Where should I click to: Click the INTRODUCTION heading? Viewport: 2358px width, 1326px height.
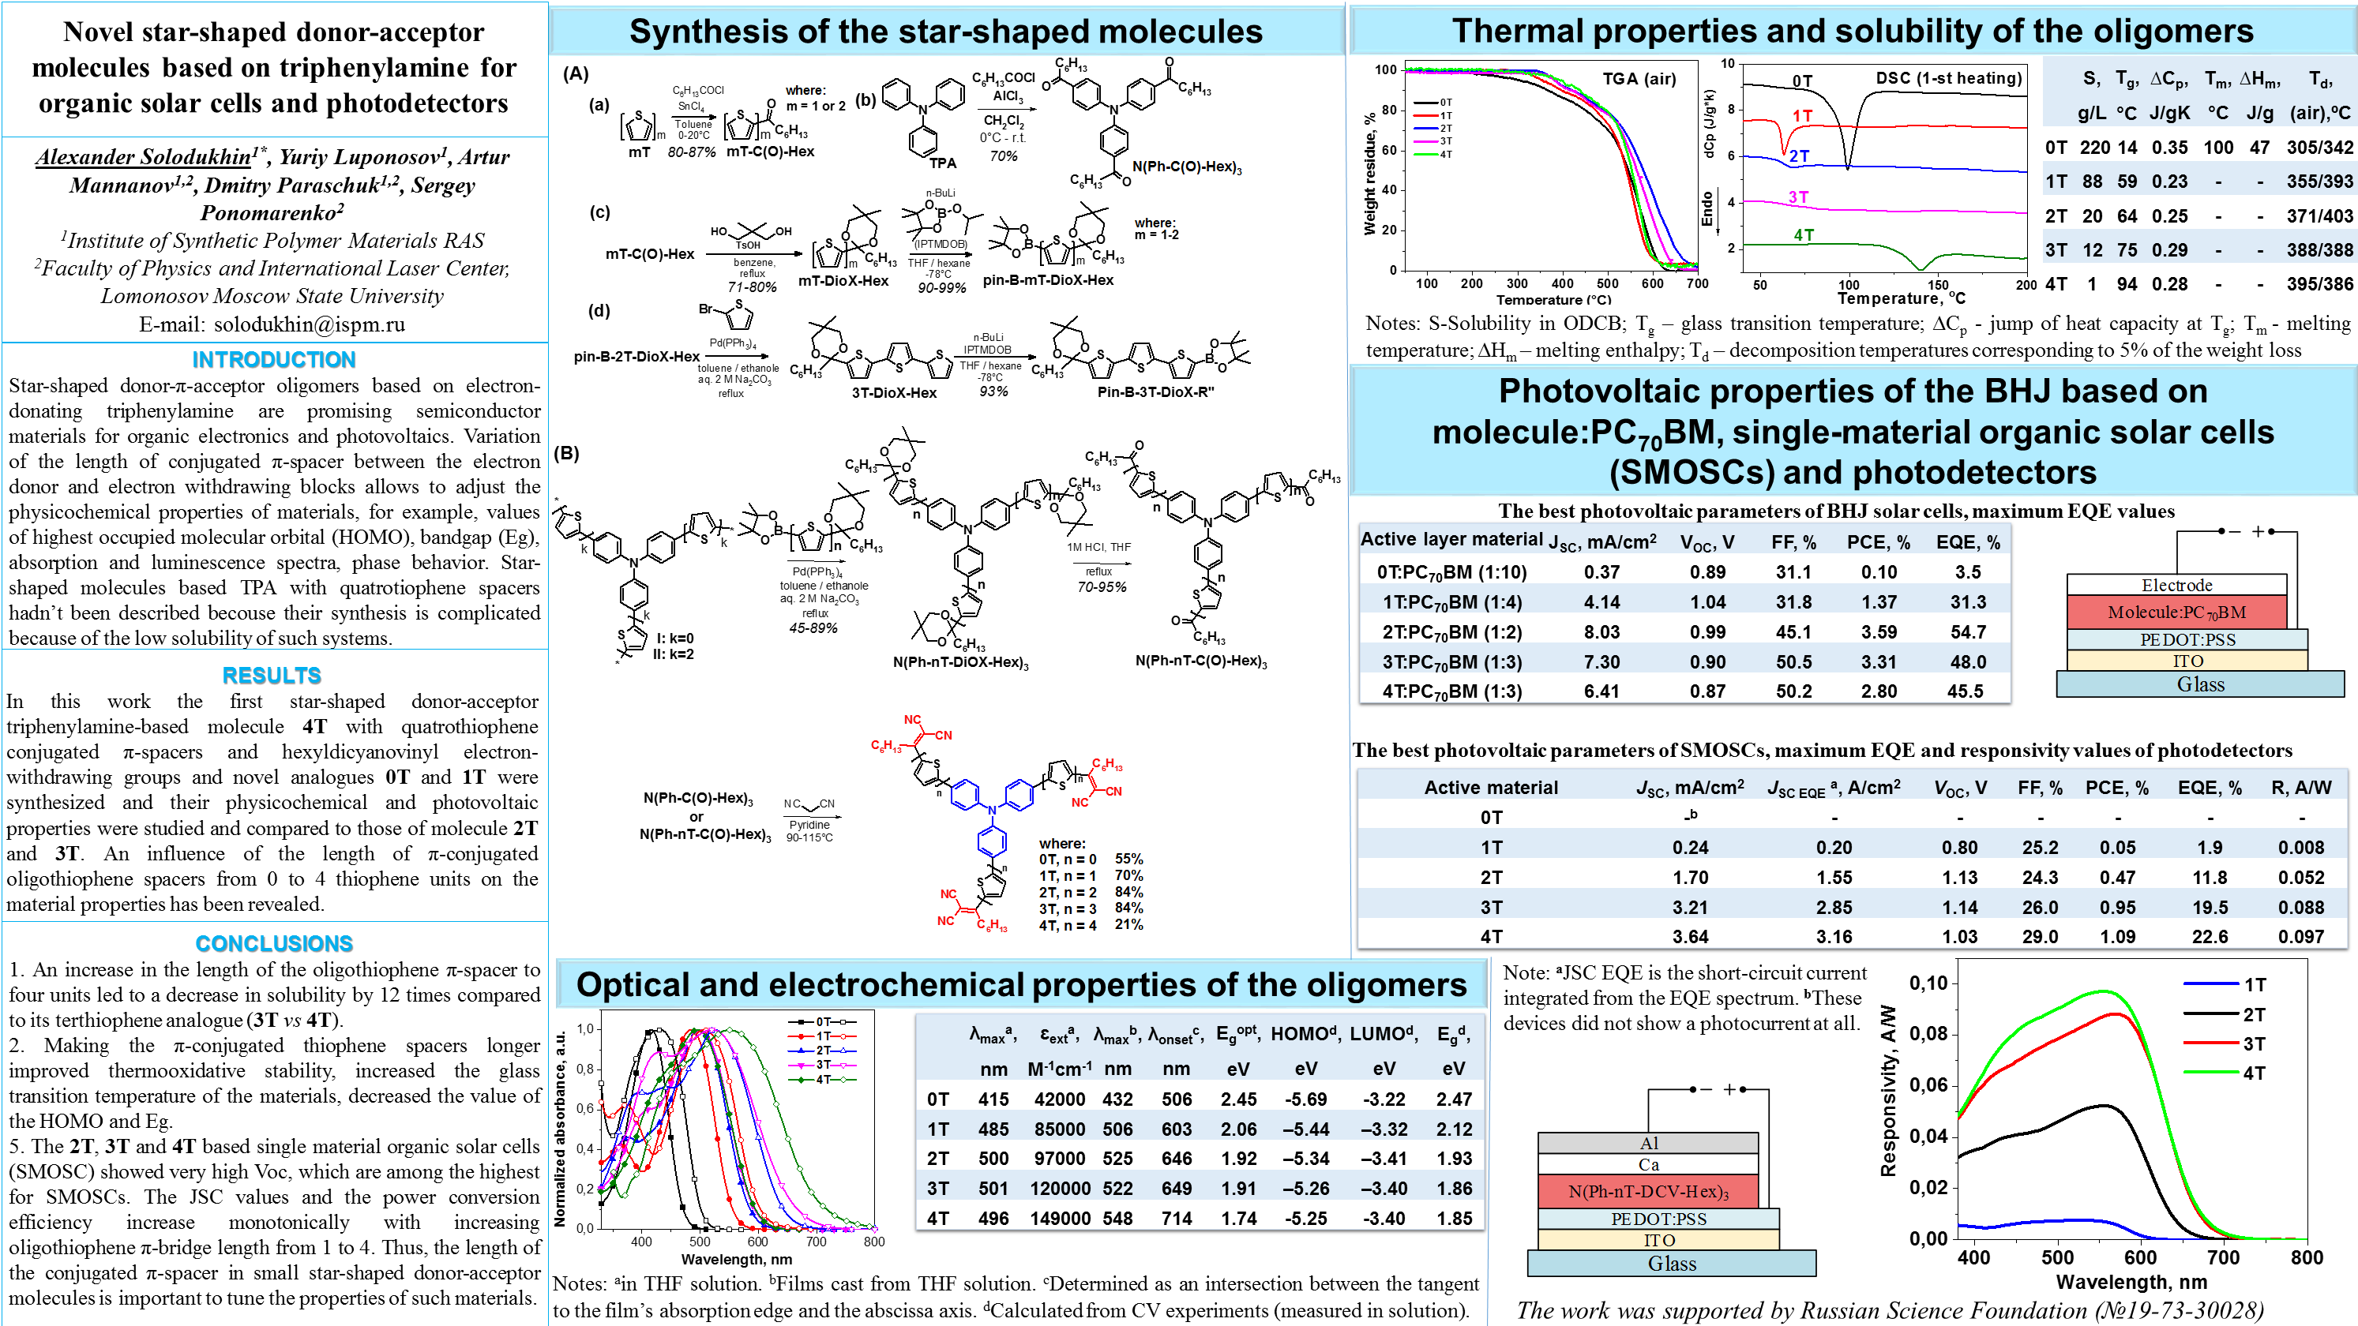(274, 360)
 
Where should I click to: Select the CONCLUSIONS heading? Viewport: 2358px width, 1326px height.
(274, 943)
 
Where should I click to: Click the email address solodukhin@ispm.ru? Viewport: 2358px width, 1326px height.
(309, 324)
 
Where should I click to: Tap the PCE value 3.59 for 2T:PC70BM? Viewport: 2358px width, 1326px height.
(1879, 632)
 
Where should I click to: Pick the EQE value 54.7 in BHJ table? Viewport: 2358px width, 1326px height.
(1967, 632)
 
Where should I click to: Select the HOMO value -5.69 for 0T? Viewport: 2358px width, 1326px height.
(1305, 1099)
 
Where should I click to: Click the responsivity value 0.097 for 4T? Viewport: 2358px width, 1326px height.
(2300, 937)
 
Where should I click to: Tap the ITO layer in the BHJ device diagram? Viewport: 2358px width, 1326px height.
(2187, 661)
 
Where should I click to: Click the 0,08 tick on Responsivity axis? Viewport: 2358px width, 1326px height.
(1928, 1035)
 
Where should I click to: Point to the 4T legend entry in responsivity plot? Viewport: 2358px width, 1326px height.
(2254, 1073)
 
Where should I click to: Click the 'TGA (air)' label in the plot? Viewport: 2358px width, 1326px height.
(1639, 79)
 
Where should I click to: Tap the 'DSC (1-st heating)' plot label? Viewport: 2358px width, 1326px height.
(1948, 79)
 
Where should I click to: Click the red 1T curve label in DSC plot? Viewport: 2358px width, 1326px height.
(1801, 116)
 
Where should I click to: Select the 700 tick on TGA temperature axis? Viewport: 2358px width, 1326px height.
(1697, 283)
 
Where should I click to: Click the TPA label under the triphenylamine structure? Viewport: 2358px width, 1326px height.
(942, 163)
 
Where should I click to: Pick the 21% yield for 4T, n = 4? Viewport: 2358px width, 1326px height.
(1128, 925)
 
